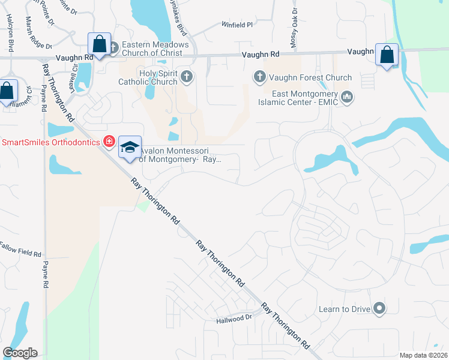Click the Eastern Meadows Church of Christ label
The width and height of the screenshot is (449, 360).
[x=155, y=49]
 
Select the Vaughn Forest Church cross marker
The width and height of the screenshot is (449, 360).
[x=259, y=77]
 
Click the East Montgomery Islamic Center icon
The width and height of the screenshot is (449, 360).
[x=346, y=97]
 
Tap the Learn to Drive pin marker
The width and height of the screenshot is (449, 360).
[x=379, y=309]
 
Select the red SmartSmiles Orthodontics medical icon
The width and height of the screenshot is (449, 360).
[x=109, y=142]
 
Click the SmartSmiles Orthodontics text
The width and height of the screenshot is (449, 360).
[x=51, y=142]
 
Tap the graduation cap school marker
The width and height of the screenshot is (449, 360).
[x=130, y=147]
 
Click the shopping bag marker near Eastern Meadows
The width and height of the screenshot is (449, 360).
[x=99, y=44]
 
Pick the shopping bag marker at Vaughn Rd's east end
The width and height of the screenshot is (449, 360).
[x=387, y=55]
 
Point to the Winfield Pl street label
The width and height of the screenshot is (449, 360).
[x=237, y=25]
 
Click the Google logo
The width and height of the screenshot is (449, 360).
[x=20, y=353]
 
